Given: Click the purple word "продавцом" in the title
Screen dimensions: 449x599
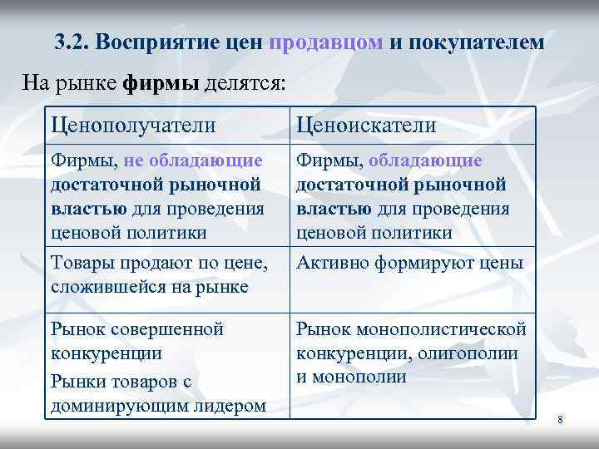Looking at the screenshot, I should coord(326,42).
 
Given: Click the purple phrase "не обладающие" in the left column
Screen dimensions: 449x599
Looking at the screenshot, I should coord(193,160).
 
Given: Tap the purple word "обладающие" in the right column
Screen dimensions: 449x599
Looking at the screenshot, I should coord(424,160).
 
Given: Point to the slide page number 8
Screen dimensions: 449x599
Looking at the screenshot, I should coord(560,421).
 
